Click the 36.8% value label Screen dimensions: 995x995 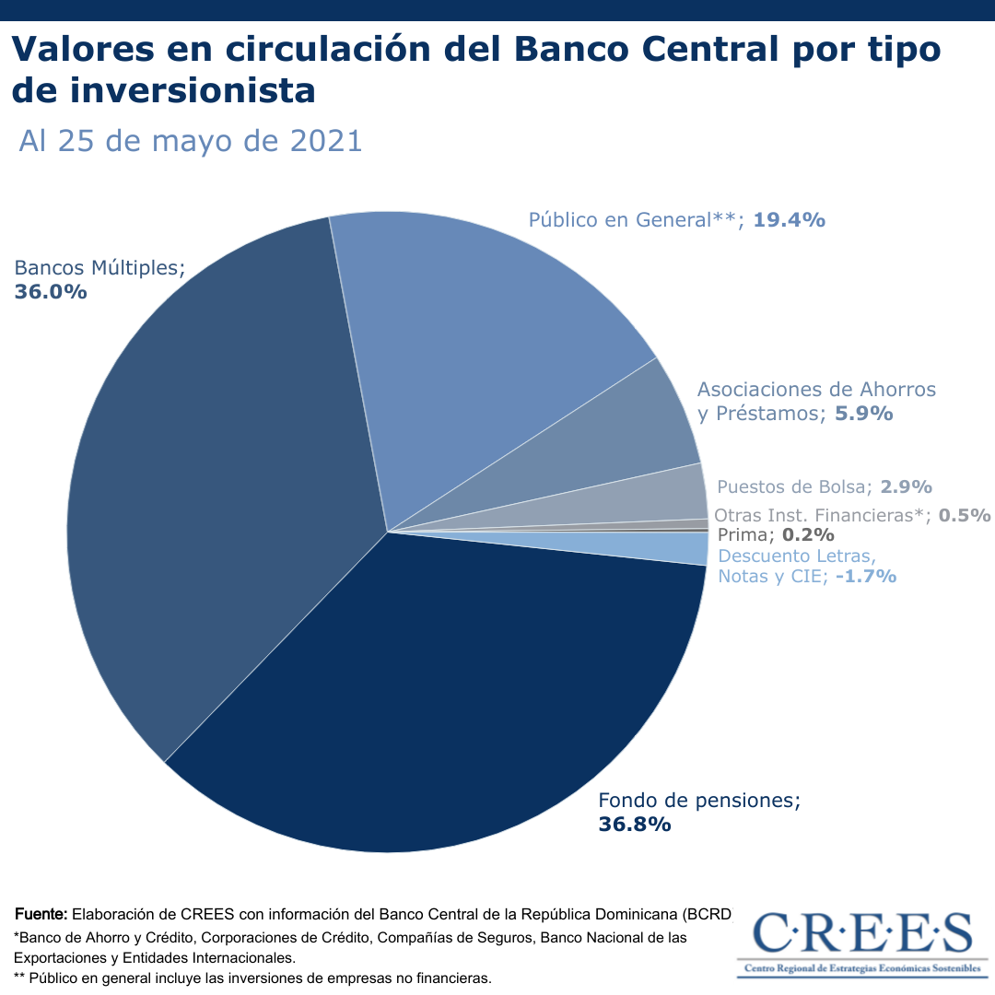click(x=635, y=824)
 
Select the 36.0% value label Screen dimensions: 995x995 click(x=51, y=291)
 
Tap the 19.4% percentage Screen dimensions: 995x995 click(x=789, y=219)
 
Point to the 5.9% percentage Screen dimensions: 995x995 click(x=863, y=413)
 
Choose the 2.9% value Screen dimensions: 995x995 click(x=906, y=486)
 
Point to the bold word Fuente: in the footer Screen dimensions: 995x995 click(x=41, y=914)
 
